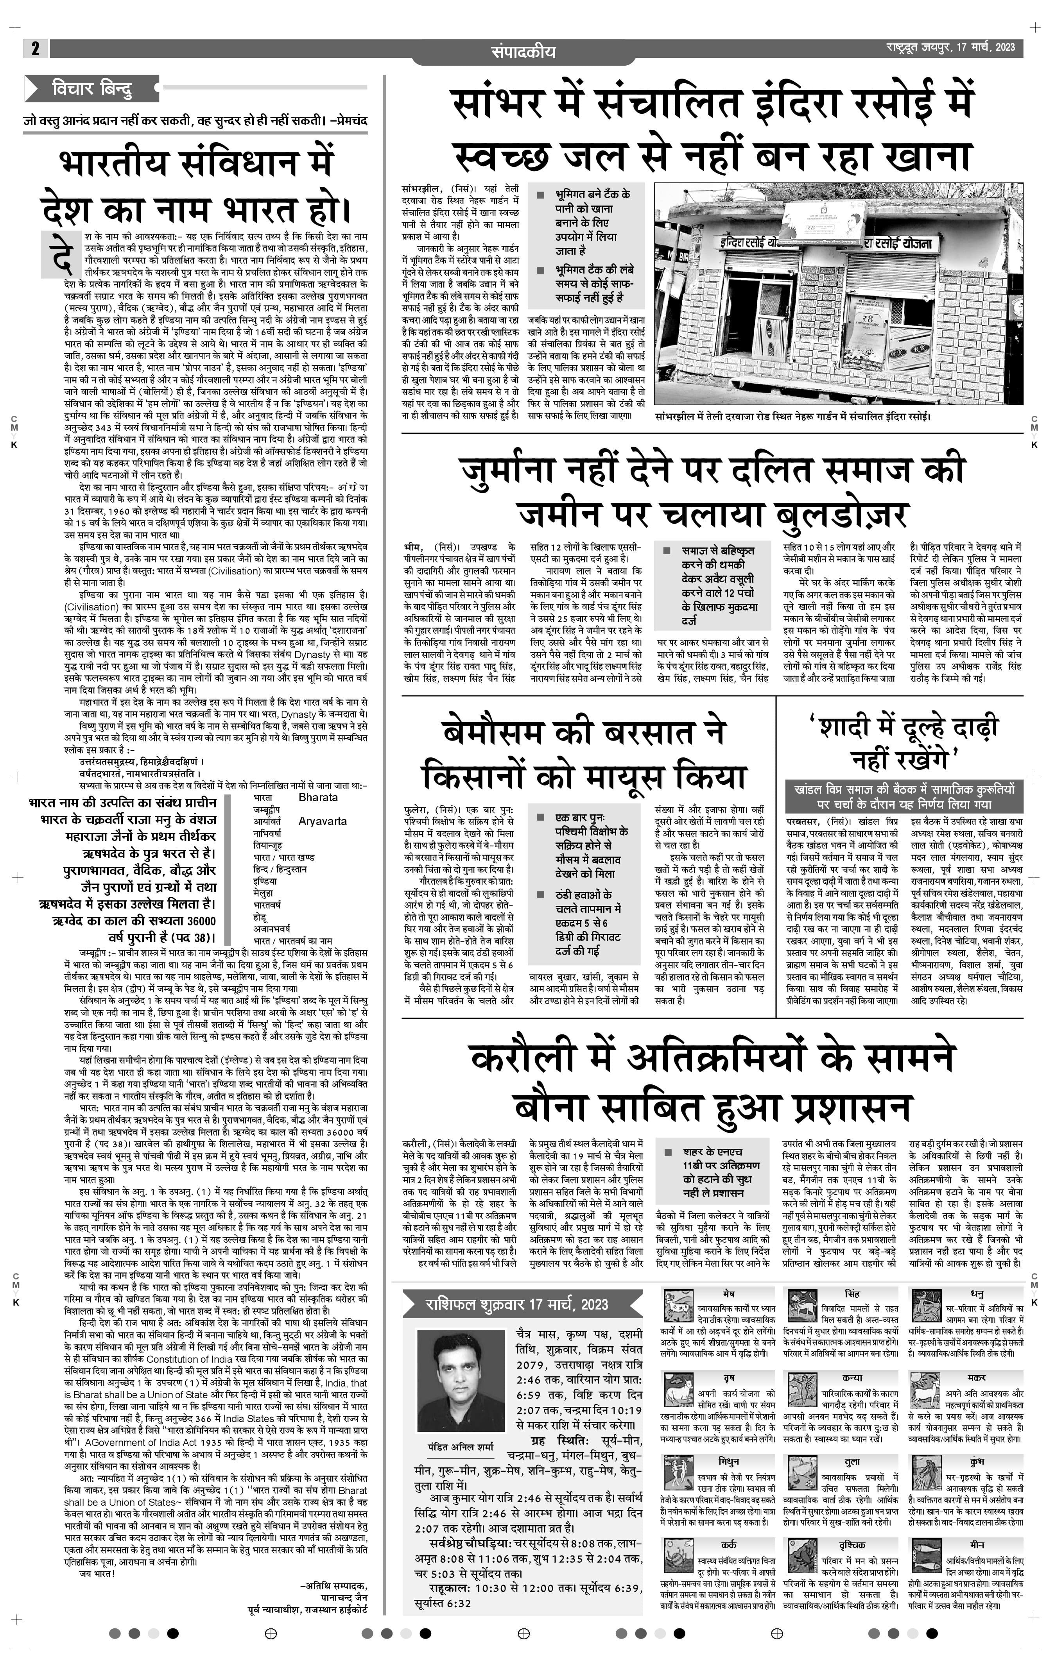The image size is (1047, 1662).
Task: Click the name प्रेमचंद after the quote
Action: pos(349,120)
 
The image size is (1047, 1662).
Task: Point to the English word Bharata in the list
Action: pos(318,797)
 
